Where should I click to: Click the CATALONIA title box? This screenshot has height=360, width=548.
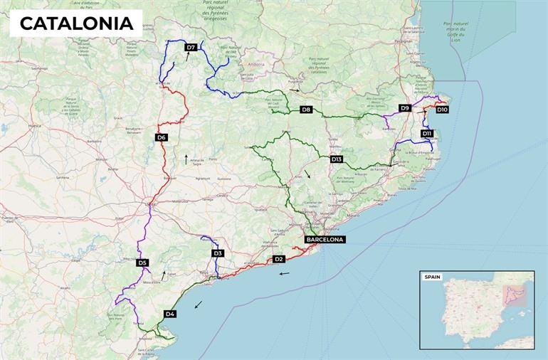pyautogui.click(x=76, y=23)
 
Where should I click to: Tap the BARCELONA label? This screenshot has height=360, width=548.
pyautogui.click(x=325, y=240)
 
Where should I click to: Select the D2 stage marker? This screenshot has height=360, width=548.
pyautogui.click(x=279, y=259)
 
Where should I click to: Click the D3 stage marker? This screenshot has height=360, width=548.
pyautogui.click(x=218, y=253)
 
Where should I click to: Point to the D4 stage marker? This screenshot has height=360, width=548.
pyautogui.click(x=170, y=314)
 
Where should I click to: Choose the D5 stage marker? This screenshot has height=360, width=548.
pyautogui.click(x=142, y=263)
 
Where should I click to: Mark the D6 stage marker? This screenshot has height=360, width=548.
pyautogui.click(x=162, y=137)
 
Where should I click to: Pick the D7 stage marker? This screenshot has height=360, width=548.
pyautogui.click(x=190, y=48)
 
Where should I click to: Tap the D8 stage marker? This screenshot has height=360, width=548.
pyautogui.click(x=306, y=110)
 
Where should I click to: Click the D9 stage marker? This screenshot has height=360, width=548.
pyautogui.click(x=405, y=108)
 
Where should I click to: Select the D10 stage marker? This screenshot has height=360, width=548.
pyautogui.click(x=442, y=110)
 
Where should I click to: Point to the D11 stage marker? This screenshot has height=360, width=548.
pyautogui.click(x=427, y=134)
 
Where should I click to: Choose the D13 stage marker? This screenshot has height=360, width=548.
pyautogui.click(x=337, y=159)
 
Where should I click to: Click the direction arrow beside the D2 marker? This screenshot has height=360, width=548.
pyautogui.click(x=284, y=273)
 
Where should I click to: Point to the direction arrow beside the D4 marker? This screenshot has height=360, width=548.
pyautogui.click(x=198, y=304)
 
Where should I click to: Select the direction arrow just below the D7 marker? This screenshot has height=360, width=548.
pyautogui.click(x=187, y=58)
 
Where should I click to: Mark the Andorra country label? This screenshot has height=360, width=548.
pyautogui.click(x=255, y=64)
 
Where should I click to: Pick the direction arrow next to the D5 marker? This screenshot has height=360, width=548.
pyautogui.click(x=164, y=273)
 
